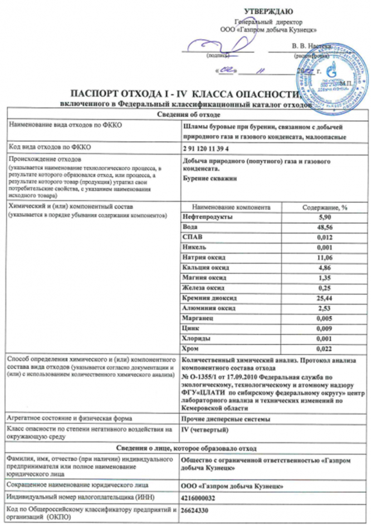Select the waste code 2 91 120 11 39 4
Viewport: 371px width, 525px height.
pyautogui.click(x=205, y=147)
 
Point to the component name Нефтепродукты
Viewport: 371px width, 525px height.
pyautogui.click(x=205, y=217)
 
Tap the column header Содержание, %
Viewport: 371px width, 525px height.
pyautogui.click(x=324, y=207)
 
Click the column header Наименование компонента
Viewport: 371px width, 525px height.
pyautogui.click(x=230, y=207)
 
